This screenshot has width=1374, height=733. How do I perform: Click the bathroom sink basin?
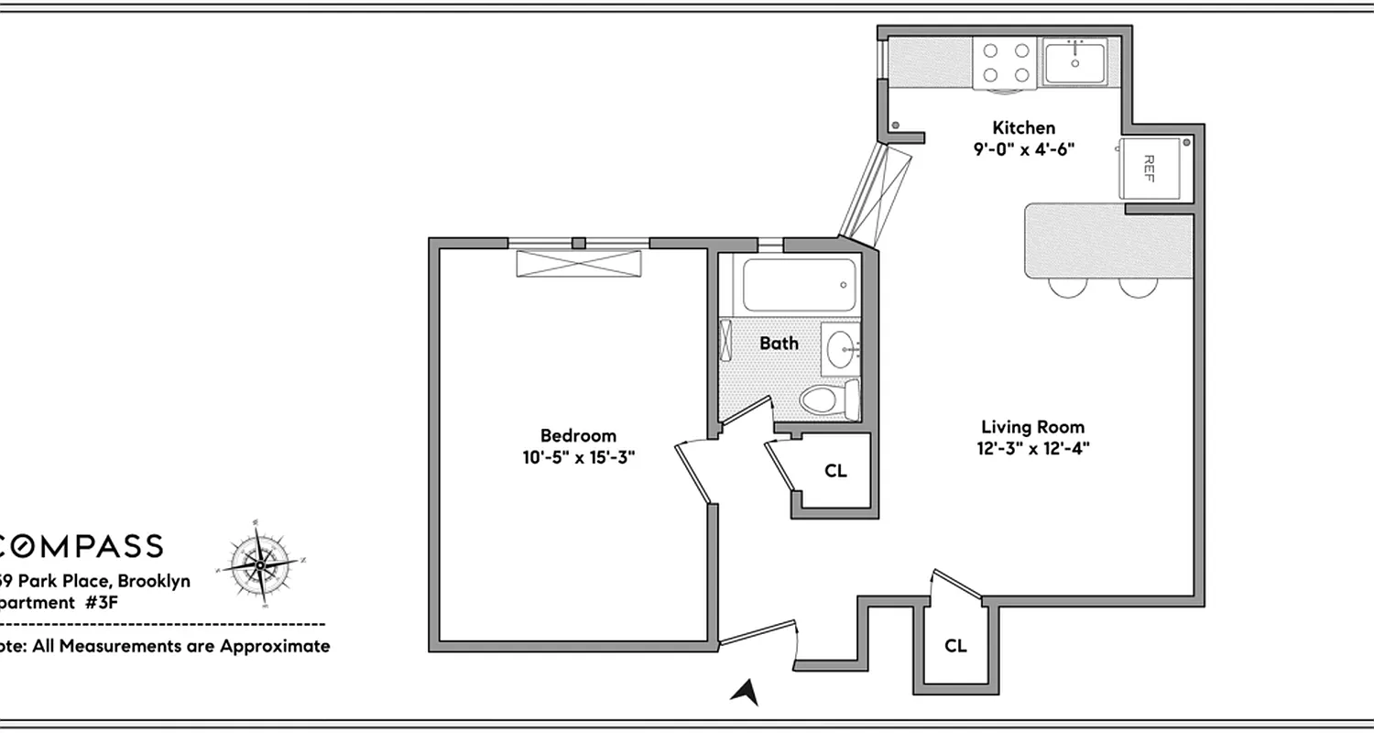pos(840,347)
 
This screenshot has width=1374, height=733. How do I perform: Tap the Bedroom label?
pos(578,435)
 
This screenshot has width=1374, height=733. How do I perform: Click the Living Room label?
pos(1032,426)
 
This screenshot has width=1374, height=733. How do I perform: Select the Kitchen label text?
pos(1024,127)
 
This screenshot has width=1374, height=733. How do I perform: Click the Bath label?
pos(779,344)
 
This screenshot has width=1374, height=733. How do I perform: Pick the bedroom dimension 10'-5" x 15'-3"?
pos(574,456)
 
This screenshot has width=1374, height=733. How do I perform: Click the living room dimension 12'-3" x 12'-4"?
pos(1032,448)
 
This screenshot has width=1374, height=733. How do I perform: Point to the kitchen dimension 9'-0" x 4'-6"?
pos(1024,148)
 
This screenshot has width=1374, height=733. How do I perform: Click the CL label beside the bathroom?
pos(835,471)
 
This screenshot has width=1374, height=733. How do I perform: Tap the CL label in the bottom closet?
pos(955,645)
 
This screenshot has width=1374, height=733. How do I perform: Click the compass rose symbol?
pos(260,565)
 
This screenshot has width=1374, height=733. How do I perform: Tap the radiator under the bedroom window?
pos(579,263)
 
